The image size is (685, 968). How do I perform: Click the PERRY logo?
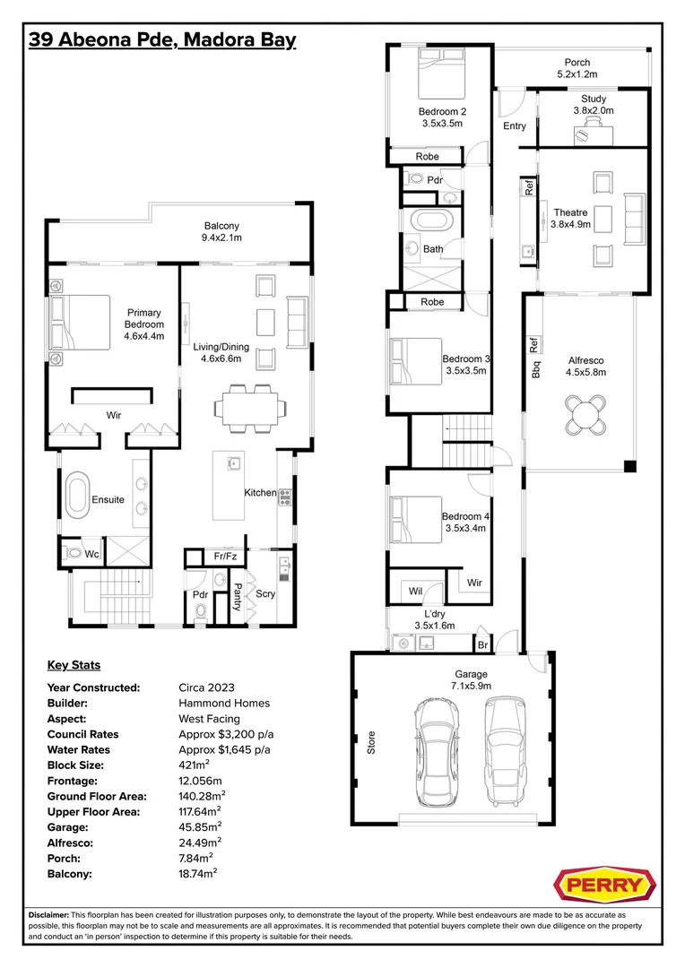(603, 886)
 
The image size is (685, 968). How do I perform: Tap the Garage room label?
(472, 679)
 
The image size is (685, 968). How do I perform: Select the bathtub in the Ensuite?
(78, 495)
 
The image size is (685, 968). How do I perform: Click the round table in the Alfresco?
(585, 416)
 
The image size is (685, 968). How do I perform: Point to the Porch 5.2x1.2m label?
(577, 68)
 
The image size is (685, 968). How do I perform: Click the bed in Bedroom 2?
(441, 73)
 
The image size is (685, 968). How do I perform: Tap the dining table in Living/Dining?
(250, 408)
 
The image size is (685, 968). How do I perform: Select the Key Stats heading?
(74, 665)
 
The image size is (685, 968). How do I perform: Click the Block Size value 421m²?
(194, 765)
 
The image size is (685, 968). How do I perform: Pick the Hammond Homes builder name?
(224, 703)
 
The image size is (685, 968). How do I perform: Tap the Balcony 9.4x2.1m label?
(221, 231)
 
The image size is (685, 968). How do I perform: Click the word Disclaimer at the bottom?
(48, 915)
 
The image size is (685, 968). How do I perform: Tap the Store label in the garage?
(371, 742)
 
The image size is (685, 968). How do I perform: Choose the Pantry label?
(237, 597)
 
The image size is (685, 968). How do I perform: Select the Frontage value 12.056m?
(200, 781)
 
